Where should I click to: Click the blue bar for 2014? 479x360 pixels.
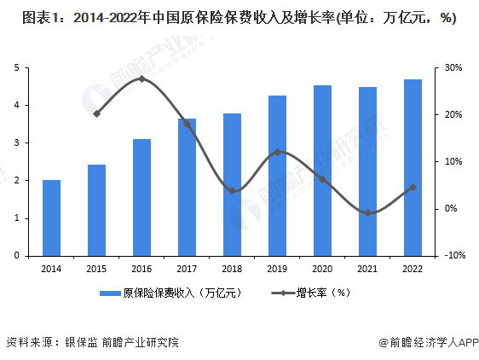point(51,218)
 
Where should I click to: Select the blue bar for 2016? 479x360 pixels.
point(141,197)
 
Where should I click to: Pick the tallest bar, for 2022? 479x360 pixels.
point(413,167)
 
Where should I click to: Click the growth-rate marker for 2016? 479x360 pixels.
point(141,79)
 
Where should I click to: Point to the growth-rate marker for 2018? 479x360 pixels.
point(233,190)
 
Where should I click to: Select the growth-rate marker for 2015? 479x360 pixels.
point(97,113)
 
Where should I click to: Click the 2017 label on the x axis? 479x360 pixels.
point(188,269)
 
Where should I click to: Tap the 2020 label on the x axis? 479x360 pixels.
point(323,269)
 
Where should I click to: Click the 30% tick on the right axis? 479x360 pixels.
point(453,67)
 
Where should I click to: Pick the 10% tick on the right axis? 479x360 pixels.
point(453,161)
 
